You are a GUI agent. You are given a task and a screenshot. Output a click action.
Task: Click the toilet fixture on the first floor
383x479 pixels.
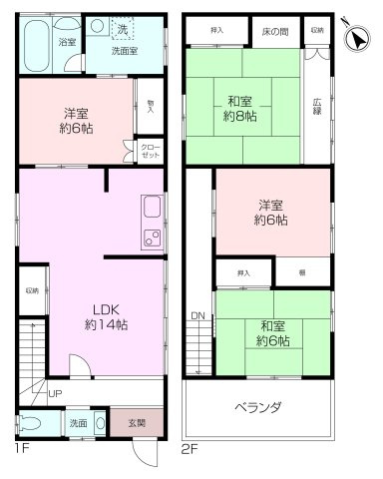32,422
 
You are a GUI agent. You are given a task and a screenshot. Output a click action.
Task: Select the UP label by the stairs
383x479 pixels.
54,393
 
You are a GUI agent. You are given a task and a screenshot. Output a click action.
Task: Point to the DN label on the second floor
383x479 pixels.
197,316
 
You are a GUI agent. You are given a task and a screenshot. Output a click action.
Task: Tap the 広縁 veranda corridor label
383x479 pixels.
316,105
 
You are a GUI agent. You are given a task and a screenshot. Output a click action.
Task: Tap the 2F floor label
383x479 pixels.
191,448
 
